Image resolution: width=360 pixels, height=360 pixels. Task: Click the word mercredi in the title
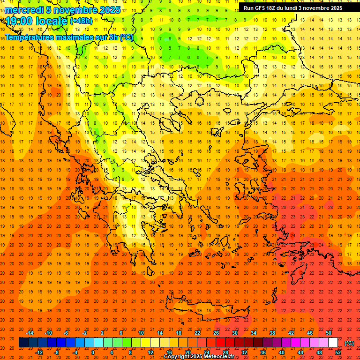click(24, 10)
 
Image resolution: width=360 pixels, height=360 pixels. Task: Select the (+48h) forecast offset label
click(81, 21)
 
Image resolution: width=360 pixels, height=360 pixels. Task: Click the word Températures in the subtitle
click(29, 37)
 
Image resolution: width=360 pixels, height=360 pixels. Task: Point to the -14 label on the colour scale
click(30, 333)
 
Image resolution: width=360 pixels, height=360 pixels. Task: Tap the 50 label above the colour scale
click(329, 333)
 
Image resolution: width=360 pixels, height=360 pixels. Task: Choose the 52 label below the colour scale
click(338, 352)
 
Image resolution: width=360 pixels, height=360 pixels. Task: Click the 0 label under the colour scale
click(93, 352)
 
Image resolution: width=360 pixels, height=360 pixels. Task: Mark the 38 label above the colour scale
click(272, 333)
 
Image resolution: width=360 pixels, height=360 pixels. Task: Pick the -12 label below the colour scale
click(39, 352)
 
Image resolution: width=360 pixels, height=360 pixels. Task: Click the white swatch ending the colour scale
click(333, 343)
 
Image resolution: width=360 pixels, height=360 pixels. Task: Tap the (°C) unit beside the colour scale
click(349, 343)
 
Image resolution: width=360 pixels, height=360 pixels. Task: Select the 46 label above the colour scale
click(310, 333)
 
